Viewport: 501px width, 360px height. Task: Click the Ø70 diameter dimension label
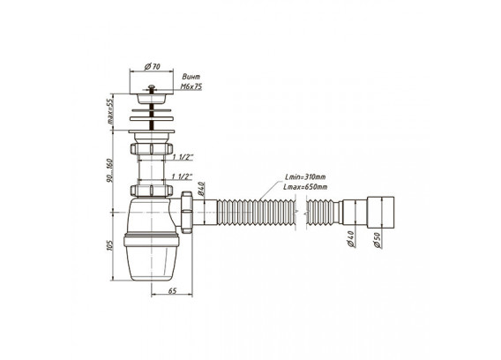152,66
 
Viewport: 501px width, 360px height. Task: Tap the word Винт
191,77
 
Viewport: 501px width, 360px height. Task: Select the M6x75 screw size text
191,86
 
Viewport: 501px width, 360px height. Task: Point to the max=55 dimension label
110,112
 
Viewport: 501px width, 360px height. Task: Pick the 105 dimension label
110,245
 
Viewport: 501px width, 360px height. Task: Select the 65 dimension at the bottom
172,291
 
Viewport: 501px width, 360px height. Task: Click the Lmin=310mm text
305,176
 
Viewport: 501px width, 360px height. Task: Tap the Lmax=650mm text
305,187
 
